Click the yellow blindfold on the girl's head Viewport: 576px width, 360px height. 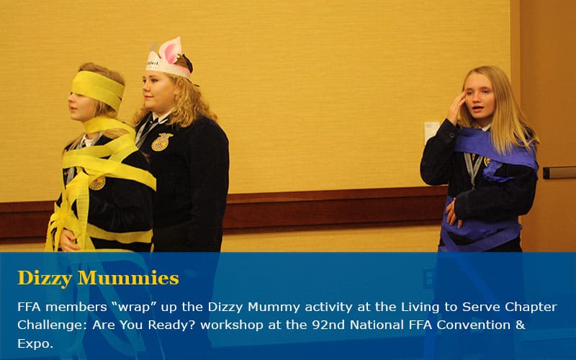[x=98, y=89]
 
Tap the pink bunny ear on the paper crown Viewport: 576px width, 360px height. [x=171, y=50]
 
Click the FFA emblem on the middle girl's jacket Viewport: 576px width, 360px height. [x=161, y=142]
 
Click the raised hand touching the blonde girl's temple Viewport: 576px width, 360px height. [x=456, y=109]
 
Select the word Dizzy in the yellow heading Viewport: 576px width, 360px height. [x=45, y=279]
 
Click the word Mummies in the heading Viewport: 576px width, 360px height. [x=128, y=278]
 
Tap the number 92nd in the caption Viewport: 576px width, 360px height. [x=325, y=325]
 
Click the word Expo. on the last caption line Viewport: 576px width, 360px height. [x=35, y=344]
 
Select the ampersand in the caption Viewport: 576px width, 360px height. [x=521, y=325]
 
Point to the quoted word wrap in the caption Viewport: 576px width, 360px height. [x=134, y=307]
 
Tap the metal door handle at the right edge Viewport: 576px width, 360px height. [x=559, y=173]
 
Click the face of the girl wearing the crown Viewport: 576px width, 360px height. [x=156, y=91]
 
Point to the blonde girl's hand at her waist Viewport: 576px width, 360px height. [x=454, y=212]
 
